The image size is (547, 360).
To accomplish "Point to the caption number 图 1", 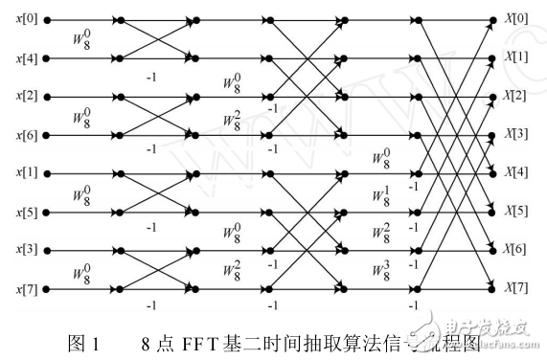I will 100,339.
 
